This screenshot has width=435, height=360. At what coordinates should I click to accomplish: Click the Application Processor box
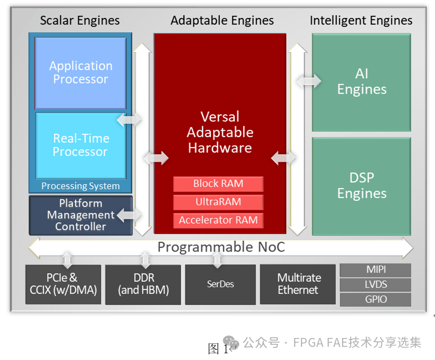click(x=80, y=73)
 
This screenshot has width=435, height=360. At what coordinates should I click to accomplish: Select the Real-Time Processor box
click(x=80, y=145)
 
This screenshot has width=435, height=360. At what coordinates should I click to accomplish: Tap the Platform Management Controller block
click(x=81, y=215)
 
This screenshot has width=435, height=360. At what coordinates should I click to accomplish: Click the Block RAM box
click(x=218, y=184)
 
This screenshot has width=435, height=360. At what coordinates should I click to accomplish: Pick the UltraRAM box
click(x=218, y=202)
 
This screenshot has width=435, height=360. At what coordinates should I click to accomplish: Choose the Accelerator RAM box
click(x=218, y=220)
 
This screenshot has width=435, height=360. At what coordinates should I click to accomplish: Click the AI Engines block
click(x=362, y=82)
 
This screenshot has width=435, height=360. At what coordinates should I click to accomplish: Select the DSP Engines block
click(x=362, y=186)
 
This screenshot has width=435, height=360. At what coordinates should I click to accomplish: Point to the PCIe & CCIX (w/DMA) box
click(x=63, y=284)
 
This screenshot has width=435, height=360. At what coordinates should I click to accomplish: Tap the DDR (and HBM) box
click(x=143, y=284)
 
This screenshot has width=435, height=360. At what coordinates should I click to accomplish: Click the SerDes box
click(x=220, y=284)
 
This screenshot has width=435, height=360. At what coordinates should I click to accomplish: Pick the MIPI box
click(x=376, y=270)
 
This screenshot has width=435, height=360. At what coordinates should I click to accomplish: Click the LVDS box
click(x=376, y=285)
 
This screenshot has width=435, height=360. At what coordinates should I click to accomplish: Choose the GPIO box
click(x=376, y=299)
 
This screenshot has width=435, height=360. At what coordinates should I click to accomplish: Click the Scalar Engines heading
click(x=80, y=20)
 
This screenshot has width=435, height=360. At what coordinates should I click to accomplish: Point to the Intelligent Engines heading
click(x=361, y=20)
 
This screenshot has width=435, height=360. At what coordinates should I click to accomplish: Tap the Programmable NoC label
click(x=221, y=247)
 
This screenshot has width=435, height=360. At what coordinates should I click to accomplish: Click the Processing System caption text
click(x=80, y=186)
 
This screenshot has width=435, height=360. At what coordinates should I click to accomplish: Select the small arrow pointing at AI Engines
click(x=309, y=81)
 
